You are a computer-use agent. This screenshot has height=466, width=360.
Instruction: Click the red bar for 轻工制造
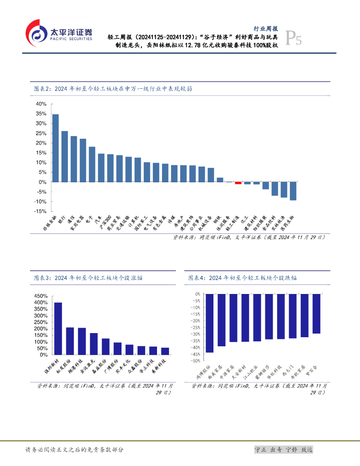point(238,183)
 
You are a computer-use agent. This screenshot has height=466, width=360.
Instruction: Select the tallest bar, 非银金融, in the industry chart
point(56,148)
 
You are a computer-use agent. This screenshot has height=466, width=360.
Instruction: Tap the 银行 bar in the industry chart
point(65,157)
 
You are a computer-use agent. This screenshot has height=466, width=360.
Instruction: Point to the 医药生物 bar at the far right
point(293,191)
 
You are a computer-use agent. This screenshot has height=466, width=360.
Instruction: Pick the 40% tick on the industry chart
point(41,104)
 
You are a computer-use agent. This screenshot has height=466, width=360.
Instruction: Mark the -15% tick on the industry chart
point(40,212)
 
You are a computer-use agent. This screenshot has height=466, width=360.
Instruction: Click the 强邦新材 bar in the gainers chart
point(58,328)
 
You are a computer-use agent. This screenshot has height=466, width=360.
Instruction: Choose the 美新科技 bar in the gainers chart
point(165,351)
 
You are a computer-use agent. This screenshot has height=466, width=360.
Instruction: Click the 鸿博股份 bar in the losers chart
point(209,323)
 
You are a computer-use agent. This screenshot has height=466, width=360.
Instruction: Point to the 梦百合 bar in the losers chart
point(316,314)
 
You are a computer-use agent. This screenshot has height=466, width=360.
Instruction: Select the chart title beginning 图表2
point(113,89)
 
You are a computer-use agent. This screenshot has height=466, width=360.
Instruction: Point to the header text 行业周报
point(265,28)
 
